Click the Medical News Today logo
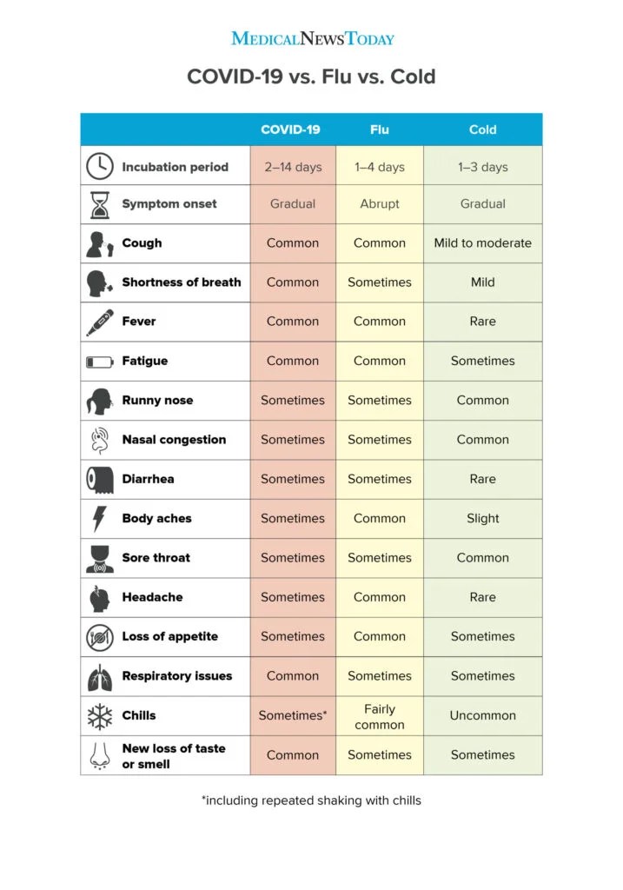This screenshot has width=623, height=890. tap(312, 38)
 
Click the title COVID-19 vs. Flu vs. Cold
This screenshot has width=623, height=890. tap(311, 76)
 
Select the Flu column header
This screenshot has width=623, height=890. tap(380, 130)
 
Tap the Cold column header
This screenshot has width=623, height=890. tap(482, 130)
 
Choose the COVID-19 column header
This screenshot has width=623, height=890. tap(290, 130)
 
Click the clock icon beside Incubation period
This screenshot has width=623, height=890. tap(100, 165)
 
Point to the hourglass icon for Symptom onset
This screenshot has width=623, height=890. tap(100, 204)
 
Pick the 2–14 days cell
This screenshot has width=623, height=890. tap(293, 167)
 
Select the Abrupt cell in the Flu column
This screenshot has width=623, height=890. tap(380, 204)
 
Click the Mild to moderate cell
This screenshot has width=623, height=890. tap(482, 243)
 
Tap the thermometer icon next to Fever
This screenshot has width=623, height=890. tap(100, 322)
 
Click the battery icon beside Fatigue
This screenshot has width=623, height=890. tap(100, 362)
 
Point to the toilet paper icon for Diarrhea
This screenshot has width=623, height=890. tap(100, 479)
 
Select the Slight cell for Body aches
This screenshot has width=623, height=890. tap(482, 518)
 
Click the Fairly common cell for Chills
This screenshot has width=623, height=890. tap(380, 716)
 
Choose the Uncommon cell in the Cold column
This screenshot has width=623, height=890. tap(482, 715)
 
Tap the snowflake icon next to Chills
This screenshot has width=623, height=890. tap(100, 715)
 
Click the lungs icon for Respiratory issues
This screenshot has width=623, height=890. tap(100, 676)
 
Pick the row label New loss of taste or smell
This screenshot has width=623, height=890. tap(173, 755)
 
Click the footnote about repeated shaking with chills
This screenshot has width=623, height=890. tap(311, 800)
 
